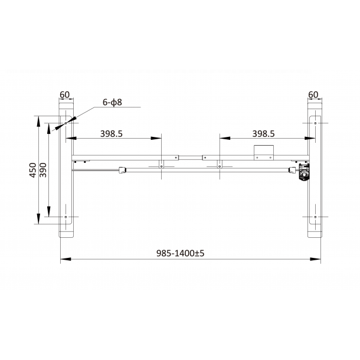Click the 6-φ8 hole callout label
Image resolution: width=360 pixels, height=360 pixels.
[x=112, y=102]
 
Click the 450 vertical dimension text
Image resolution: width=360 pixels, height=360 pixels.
[x=33, y=170]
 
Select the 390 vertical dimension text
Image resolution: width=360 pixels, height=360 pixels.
[x=43, y=170]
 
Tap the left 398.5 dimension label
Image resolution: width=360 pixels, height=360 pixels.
[x=112, y=133]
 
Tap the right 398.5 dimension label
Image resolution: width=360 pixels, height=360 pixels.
[x=263, y=133]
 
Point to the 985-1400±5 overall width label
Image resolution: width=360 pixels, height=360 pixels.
[x=180, y=253]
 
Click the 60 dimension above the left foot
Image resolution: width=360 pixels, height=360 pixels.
[x=64, y=94]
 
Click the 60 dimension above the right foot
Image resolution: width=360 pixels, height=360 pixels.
[x=313, y=94]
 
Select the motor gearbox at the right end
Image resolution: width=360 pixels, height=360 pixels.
[x=304, y=172]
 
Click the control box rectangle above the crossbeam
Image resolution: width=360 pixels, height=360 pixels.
[x=264, y=152]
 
